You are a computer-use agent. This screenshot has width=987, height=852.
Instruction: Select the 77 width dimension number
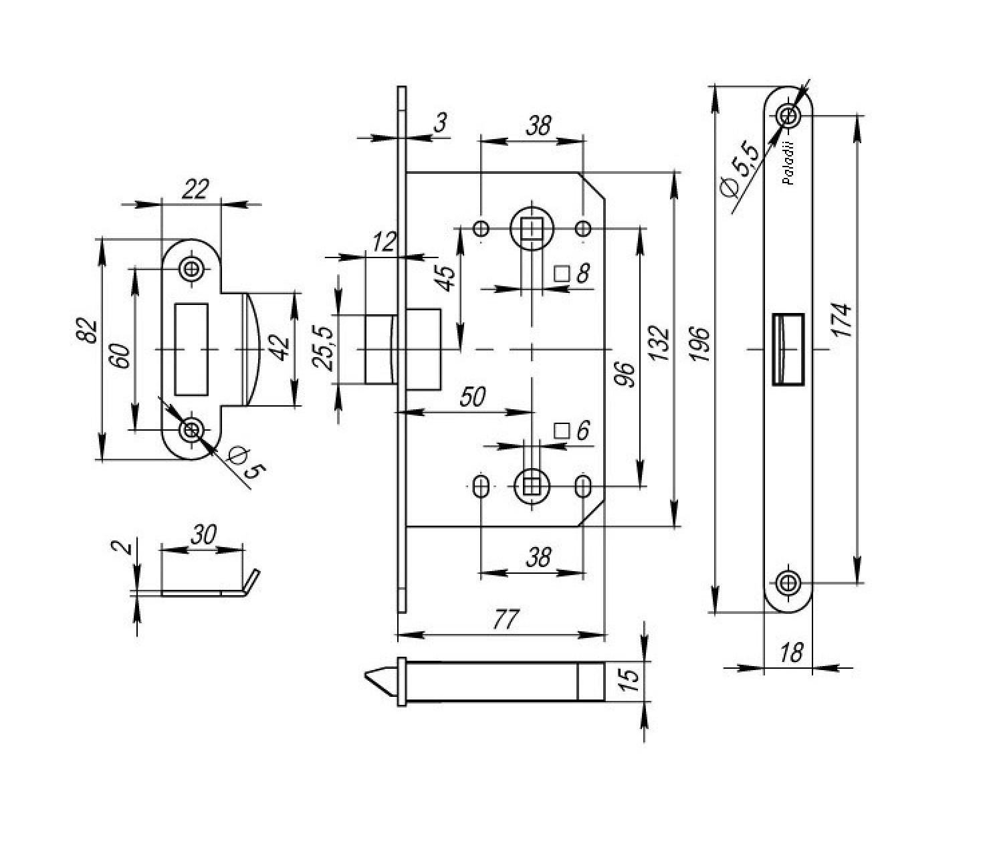coord(505,620)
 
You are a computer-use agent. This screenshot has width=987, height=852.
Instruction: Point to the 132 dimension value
coord(659,343)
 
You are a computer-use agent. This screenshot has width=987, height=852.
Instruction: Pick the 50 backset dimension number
coord(472,397)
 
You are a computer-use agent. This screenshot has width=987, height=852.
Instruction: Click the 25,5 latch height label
coord(322,348)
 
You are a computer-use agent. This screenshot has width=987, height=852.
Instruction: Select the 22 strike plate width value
coord(196,189)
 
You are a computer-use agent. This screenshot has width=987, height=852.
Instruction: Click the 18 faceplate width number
coord(791,653)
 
